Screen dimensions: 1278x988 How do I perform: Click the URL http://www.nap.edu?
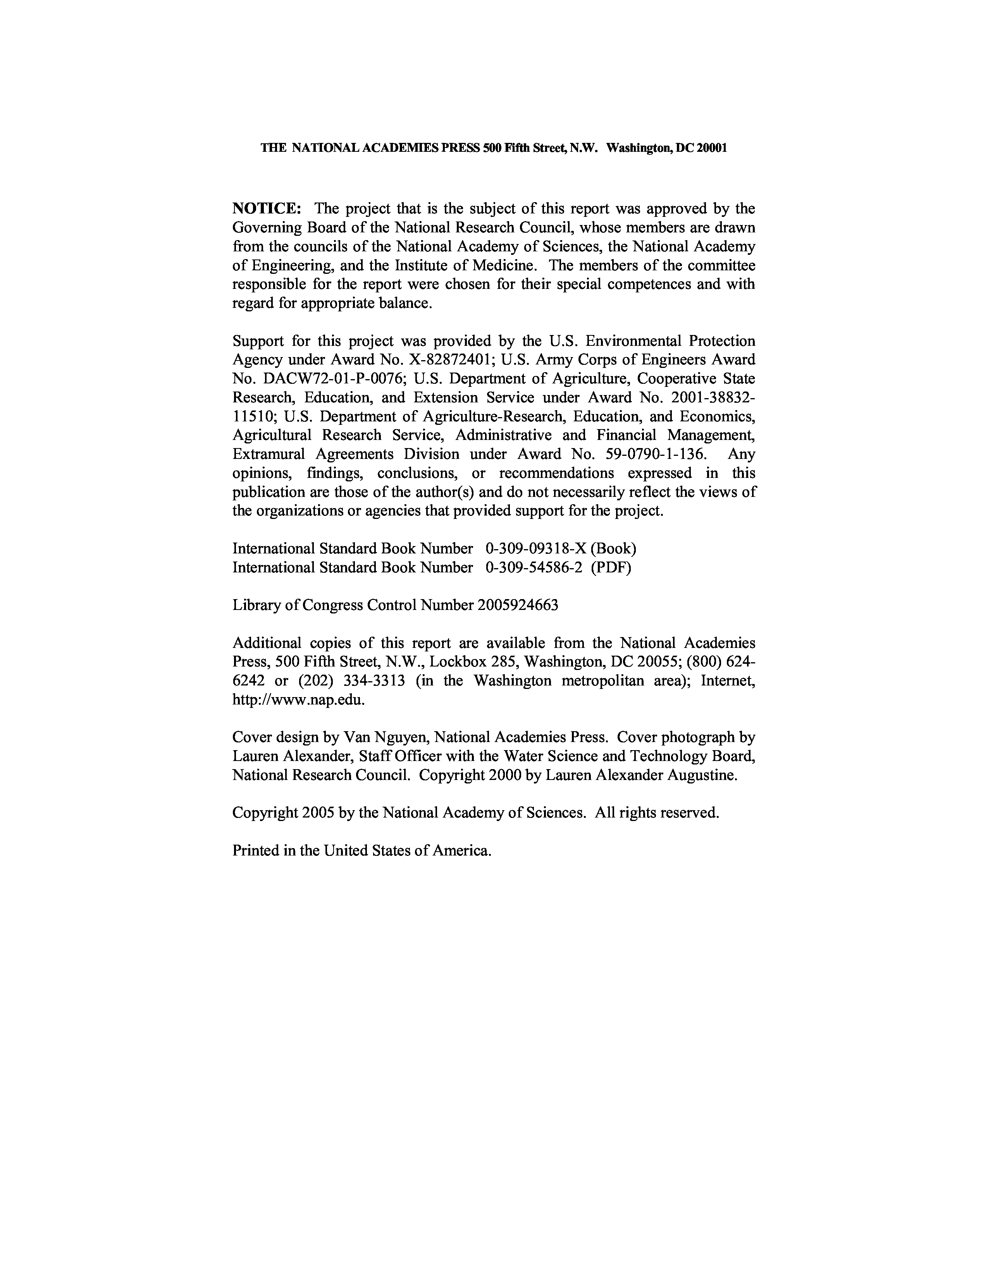(x=298, y=699)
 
